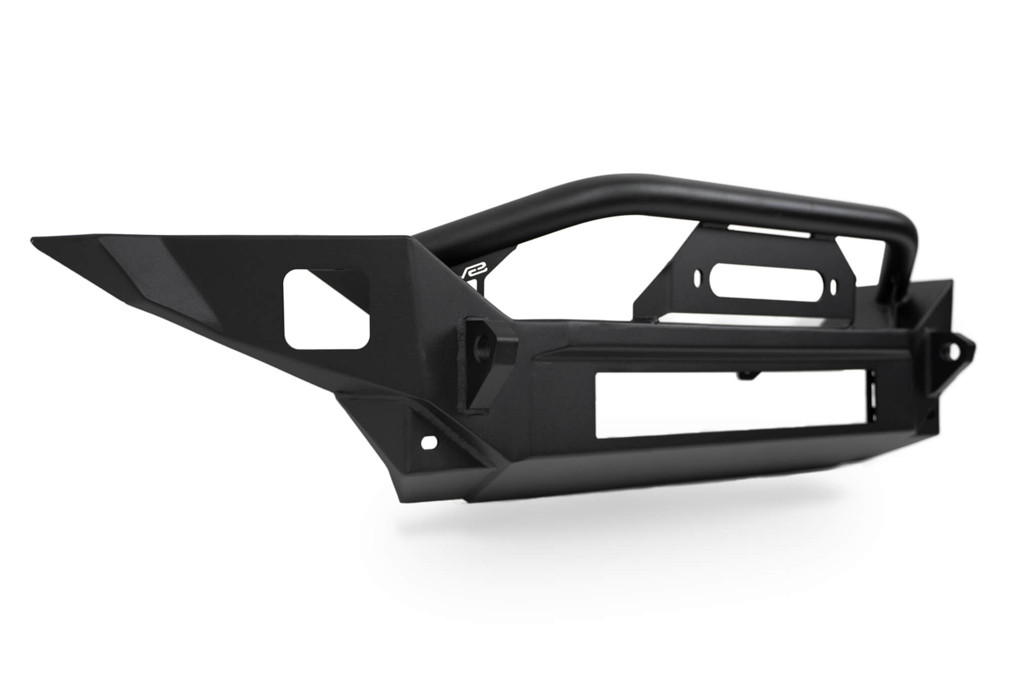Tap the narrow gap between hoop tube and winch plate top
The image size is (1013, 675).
(x=734, y=230)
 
